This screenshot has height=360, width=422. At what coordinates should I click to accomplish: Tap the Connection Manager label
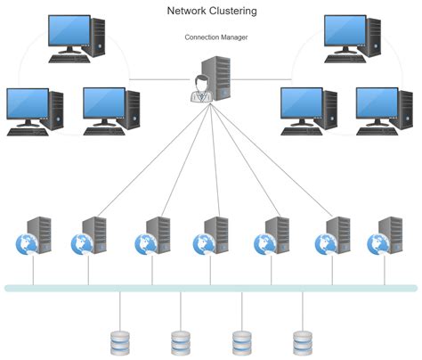pos(215,37)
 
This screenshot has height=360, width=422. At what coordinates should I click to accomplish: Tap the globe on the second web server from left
pos(83,243)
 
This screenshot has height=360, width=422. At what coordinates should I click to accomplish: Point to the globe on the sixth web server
pos(323,243)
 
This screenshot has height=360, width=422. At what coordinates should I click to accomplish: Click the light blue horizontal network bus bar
pos(210,288)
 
